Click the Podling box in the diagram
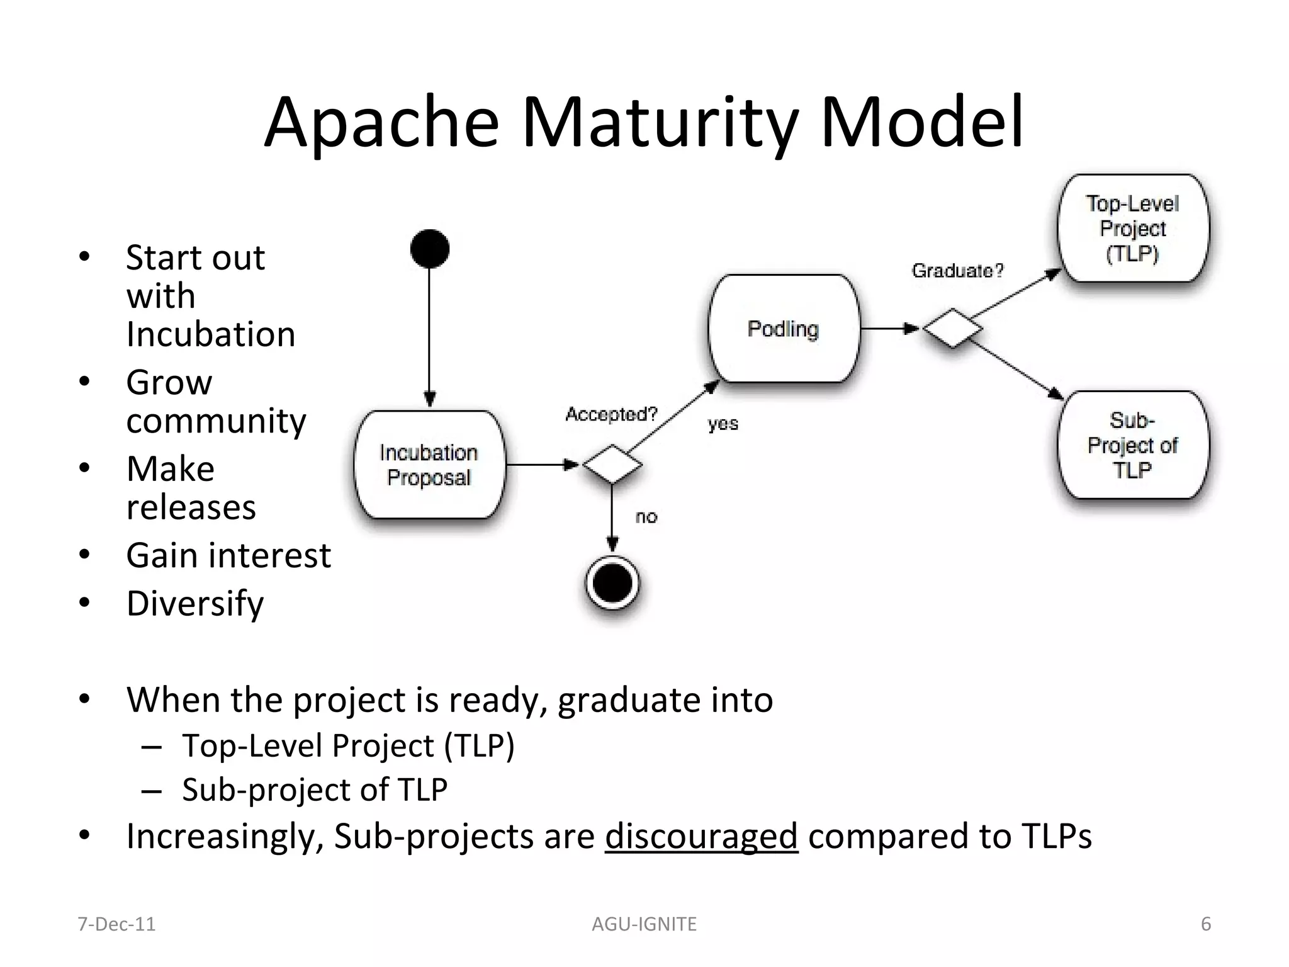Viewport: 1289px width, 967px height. tap(784, 329)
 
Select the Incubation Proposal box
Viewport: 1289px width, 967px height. tap(429, 465)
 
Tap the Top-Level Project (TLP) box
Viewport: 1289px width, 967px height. tap(1132, 229)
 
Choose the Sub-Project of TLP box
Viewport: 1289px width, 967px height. tap(1132, 445)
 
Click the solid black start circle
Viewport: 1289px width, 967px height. tap(429, 249)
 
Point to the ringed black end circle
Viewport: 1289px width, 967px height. tap(612, 583)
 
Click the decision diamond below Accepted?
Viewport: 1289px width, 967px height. tap(612, 465)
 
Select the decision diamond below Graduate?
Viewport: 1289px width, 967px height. tap(952, 329)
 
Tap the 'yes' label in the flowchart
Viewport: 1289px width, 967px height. tap(723, 424)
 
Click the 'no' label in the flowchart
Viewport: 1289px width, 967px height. tap(646, 517)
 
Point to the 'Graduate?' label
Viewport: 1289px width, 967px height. tap(957, 271)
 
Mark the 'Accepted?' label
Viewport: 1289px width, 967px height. tap(611, 414)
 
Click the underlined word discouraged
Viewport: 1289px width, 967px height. tap(701, 837)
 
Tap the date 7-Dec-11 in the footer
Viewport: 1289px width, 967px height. tap(116, 924)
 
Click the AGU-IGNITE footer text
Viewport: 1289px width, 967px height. tap(644, 924)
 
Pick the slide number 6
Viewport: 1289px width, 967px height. tap(1205, 924)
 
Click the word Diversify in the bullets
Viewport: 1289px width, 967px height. tap(195, 604)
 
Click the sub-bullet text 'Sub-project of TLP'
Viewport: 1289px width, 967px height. tap(315, 789)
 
